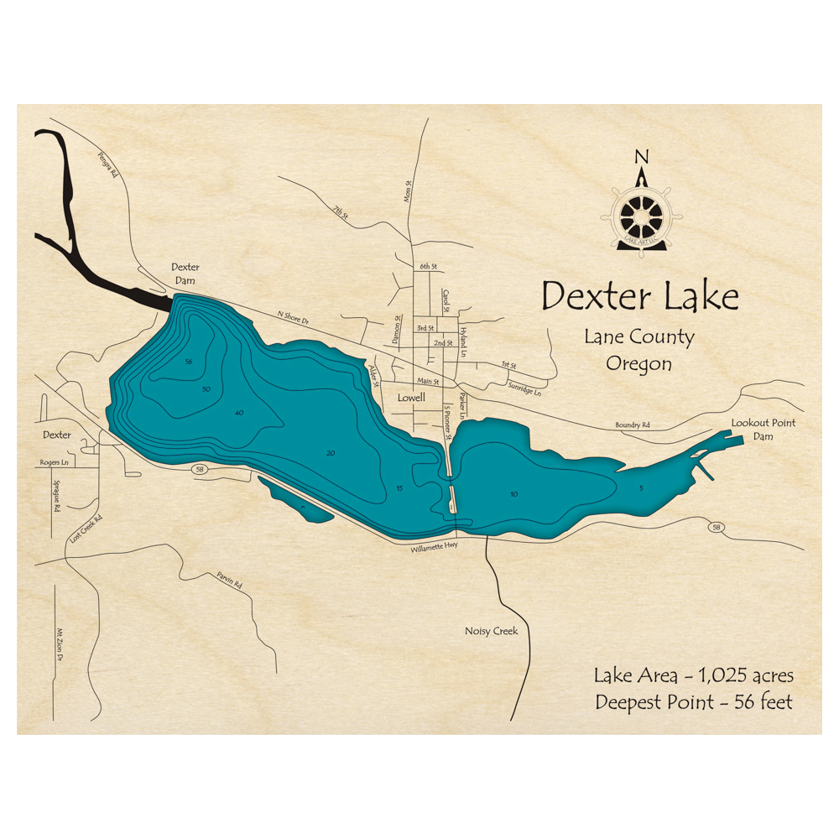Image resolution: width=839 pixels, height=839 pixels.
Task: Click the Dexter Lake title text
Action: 639,297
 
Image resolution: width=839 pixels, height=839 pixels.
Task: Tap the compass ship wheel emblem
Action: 642,217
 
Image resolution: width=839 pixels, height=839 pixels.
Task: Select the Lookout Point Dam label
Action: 763,430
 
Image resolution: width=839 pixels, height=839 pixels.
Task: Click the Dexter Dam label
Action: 185,274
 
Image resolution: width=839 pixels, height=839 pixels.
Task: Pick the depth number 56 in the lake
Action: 189,362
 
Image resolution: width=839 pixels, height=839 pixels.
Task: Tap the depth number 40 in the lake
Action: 239,413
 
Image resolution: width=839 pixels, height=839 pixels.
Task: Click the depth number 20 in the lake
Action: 331,453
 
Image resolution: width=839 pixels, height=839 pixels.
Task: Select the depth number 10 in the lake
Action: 513,494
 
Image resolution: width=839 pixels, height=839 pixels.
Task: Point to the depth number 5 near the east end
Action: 641,487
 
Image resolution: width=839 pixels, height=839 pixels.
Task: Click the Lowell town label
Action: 411,398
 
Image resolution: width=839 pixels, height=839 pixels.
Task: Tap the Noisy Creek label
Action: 491,631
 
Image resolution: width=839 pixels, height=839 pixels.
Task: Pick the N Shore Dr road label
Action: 294,320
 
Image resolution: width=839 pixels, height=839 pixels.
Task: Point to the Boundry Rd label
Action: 633,425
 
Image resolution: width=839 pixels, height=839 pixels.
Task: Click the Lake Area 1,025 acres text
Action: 693,675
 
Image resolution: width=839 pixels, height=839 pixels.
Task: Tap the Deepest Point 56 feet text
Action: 693,702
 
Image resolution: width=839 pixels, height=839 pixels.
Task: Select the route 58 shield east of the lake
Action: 715,527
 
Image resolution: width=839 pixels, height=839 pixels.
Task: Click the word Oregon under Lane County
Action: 639,364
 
